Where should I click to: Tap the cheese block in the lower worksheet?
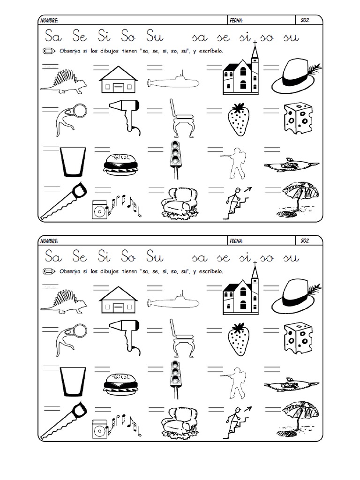(298, 338)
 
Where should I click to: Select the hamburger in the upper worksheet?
(120, 164)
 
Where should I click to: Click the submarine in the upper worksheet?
(173, 81)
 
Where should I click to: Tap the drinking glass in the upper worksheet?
(73, 162)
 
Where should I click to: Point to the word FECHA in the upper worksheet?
(236, 21)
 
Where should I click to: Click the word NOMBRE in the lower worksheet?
(49, 241)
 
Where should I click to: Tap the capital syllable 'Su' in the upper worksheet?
(155, 36)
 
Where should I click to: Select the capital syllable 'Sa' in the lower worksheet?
(53, 256)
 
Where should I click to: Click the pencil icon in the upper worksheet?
(49, 51)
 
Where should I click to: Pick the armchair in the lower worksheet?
(180, 421)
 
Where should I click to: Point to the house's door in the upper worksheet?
(118, 88)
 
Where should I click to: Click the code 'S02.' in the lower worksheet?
(305, 241)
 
